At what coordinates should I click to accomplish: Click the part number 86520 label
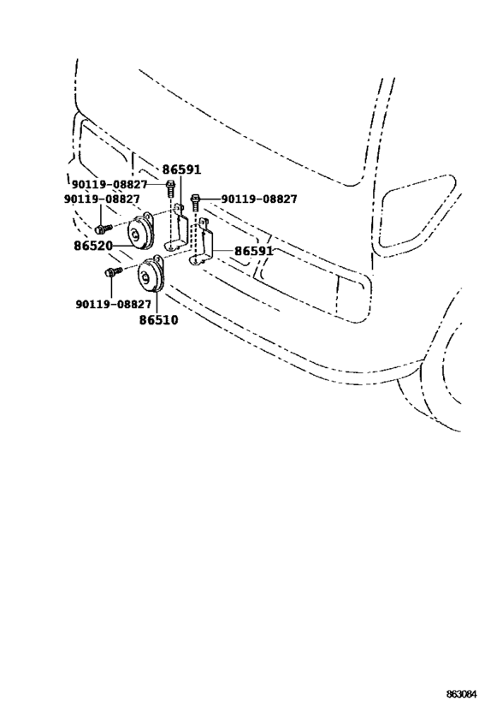tap(93, 246)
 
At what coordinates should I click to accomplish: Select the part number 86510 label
tap(158, 320)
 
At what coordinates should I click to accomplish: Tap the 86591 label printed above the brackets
tap(181, 169)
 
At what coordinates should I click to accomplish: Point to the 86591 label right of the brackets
tap(253, 251)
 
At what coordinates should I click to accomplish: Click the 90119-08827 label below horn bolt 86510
tap(114, 304)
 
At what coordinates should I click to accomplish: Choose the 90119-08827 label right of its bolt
tap(259, 199)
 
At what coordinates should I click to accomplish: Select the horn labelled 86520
tap(140, 233)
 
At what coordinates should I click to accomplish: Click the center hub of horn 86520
tap(134, 234)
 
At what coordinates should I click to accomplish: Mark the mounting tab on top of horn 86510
tap(158, 260)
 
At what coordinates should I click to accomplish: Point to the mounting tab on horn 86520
tap(147, 217)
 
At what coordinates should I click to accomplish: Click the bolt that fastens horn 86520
tap(103, 229)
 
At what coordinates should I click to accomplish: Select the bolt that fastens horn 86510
tap(114, 271)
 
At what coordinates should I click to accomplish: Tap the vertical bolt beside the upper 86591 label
tap(170, 187)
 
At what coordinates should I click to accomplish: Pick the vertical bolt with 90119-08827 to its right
tap(195, 203)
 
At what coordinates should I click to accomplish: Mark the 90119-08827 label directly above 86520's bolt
tap(102, 199)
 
